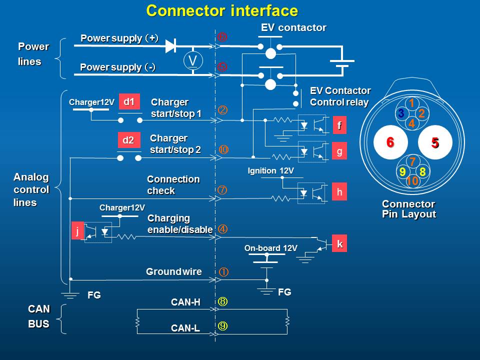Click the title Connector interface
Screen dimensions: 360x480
point(222,10)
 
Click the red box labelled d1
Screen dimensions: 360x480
point(129,102)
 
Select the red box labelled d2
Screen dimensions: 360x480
point(128,140)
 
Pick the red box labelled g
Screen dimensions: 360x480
point(339,151)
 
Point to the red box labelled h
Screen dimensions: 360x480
point(339,191)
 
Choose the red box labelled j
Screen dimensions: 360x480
point(77,230)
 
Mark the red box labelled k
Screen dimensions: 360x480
point(339,244)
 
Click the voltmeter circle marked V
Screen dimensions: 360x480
point(192,60)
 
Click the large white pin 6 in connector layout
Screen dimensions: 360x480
point(390,142)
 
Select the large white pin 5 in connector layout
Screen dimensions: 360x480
point(434,142)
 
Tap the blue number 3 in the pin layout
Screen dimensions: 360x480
point(401,114)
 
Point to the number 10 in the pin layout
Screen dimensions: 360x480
point(412,181)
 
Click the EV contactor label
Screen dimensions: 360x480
point(293,28)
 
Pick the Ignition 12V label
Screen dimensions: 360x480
point(270,171)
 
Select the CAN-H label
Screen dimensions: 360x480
point(185,302)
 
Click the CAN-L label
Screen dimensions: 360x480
point(185,328)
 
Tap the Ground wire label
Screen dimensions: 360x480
point(173,272)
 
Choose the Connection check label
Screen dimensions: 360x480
point(173,185)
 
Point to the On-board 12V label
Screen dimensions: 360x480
point(270,248)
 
